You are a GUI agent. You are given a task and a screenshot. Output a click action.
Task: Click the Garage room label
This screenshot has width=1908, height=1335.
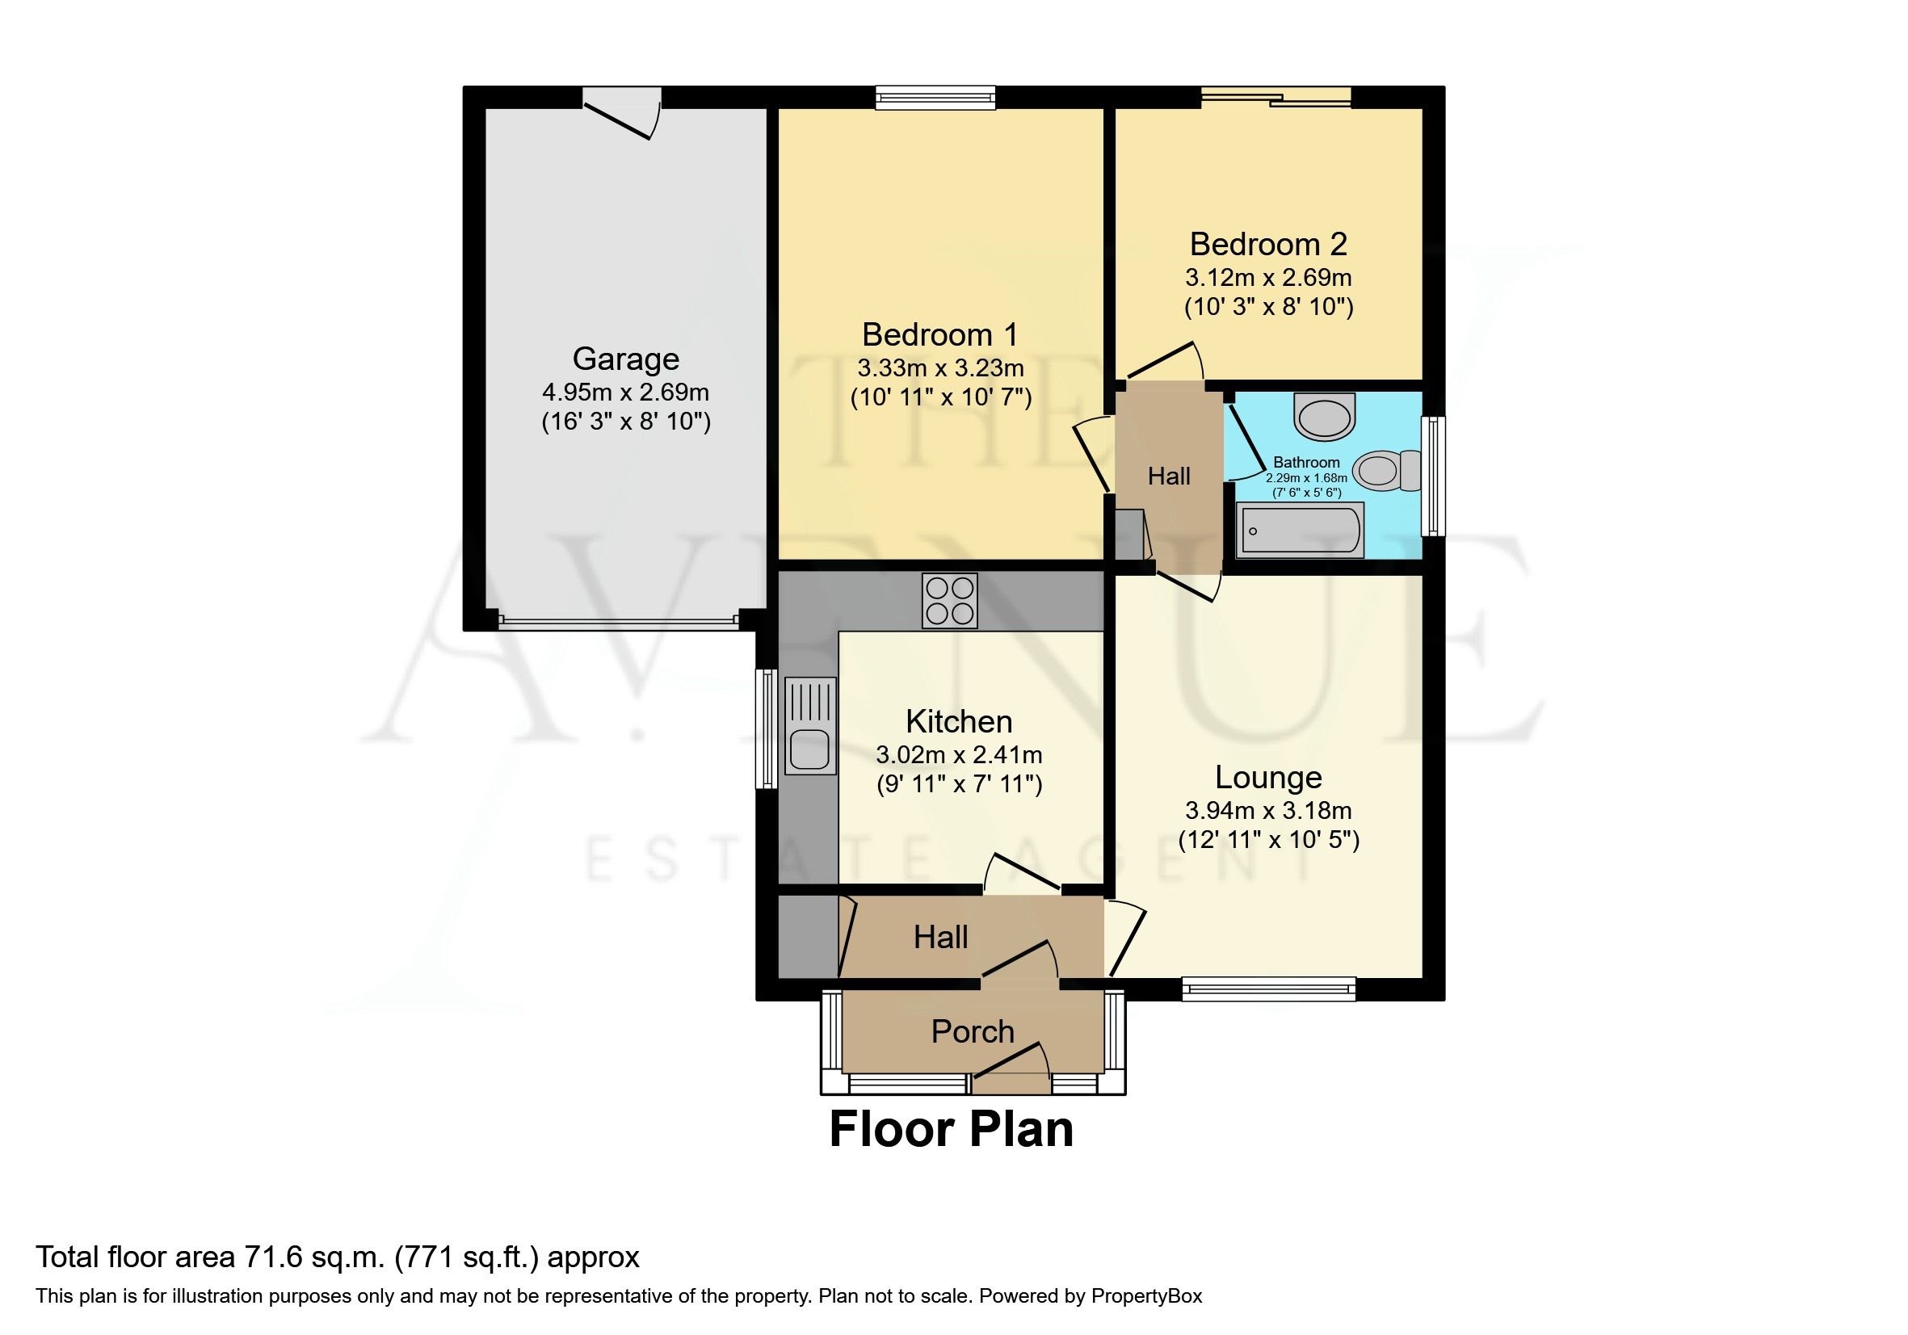point(626,359)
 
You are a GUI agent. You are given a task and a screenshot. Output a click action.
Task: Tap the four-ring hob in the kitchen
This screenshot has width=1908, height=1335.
point(949,601)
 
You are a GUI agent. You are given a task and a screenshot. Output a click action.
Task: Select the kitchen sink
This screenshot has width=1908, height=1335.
point(810,725)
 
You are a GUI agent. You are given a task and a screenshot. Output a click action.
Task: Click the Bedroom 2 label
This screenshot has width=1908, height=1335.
point(1268,244)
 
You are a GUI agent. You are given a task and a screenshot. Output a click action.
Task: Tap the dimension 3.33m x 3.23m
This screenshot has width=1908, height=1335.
point(941,368)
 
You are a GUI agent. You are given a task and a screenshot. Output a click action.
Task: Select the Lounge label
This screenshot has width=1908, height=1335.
point(1268,777)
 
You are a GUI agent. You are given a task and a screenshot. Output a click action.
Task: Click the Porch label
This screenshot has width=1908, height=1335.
point(973,1031)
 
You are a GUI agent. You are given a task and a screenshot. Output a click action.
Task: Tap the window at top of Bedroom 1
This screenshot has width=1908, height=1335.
point(935,99)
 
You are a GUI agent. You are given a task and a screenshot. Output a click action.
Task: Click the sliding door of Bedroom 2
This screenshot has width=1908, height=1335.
point(1276,98)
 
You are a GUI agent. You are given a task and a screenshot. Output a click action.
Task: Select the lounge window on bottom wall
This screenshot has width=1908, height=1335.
point(1268,989)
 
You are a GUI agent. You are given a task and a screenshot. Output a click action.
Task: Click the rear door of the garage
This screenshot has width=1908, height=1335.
point(622,115)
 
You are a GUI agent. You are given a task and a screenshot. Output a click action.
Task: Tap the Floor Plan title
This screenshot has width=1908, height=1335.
point(952,1130)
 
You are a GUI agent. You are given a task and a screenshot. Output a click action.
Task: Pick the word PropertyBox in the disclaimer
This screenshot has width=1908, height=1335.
point(1146,1296)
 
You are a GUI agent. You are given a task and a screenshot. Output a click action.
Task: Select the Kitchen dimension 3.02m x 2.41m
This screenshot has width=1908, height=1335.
point(958,755)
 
